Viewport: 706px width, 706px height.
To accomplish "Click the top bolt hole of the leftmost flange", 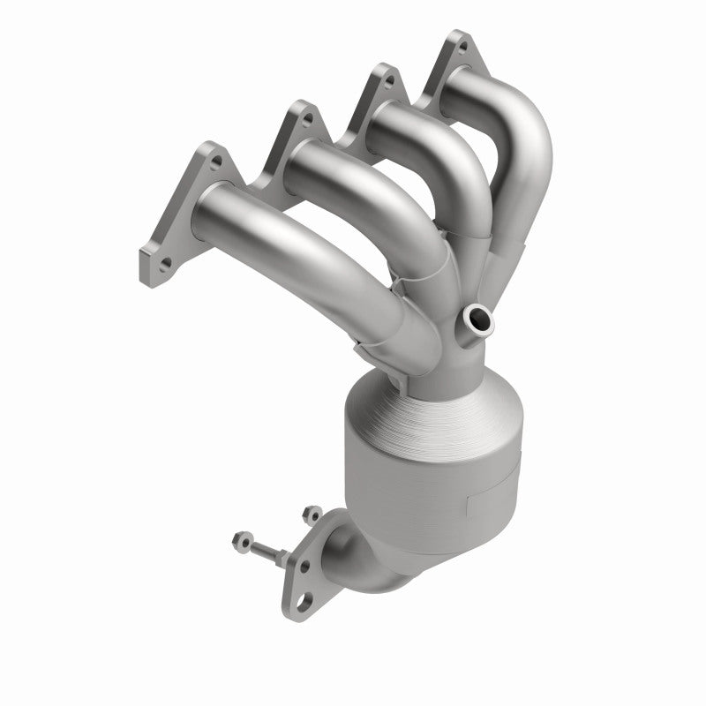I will point(213,162).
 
